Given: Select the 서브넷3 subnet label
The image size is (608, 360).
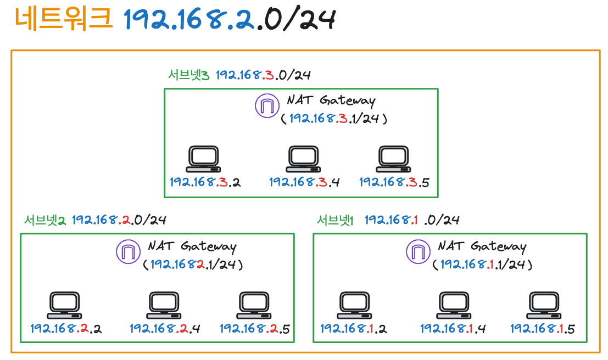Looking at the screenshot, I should [x=188, y=75].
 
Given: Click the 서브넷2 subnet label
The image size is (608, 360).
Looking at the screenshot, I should [x=45, y=220].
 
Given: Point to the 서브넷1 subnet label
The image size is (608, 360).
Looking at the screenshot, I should [x=335, y=220].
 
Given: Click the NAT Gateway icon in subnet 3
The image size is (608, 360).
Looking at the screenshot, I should [x=266, y=106].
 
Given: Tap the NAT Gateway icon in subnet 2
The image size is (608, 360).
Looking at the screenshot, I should [x=127, y=252].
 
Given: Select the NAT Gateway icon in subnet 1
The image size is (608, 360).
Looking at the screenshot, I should [x=417, y=252].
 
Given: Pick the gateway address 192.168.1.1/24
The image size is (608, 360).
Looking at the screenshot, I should [x=482, y=264].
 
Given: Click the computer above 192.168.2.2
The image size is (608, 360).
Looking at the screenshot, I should [x=64, y=305].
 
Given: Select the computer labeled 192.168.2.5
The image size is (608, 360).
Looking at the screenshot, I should [x=254, y=305].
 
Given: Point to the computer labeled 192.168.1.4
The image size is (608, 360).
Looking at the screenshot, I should [x=454, y=305].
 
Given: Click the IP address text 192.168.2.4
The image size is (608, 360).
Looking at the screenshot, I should [x=165, y=329].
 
